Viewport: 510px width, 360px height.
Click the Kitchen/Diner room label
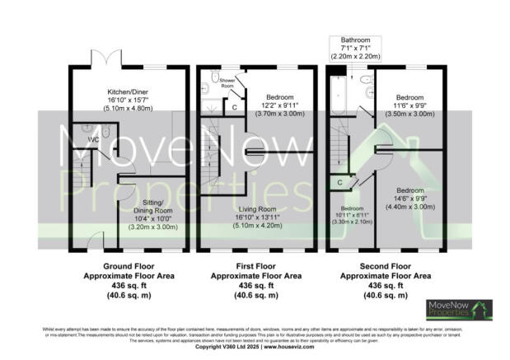coord(127,92)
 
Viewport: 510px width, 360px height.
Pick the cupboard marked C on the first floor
coord(235,107)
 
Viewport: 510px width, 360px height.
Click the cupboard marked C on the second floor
coord(339,182)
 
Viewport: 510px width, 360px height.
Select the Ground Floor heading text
coord(127,266)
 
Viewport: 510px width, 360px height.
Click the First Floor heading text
coord(257,266)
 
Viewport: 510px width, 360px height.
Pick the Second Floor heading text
coord(386,266)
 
